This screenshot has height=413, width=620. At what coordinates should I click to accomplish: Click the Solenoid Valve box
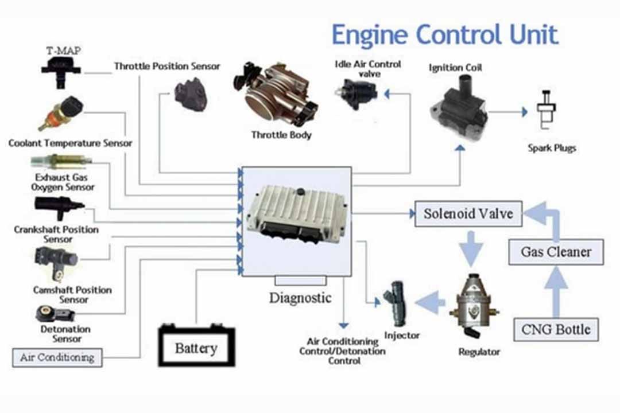(468, 214)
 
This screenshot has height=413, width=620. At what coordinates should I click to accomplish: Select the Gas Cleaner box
(556, 252)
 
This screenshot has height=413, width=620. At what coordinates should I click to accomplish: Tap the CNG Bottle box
(556, 330)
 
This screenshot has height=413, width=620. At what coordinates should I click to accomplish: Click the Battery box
(196, 348)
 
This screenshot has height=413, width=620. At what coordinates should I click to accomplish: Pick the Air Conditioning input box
(57, 357)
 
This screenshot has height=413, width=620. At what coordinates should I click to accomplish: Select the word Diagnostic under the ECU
(300, 298)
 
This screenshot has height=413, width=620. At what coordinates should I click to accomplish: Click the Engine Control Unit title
(444, 35)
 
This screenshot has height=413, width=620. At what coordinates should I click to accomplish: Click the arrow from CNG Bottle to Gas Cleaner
(556, 290)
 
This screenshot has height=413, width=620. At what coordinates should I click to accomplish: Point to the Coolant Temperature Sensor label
(71, 143)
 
